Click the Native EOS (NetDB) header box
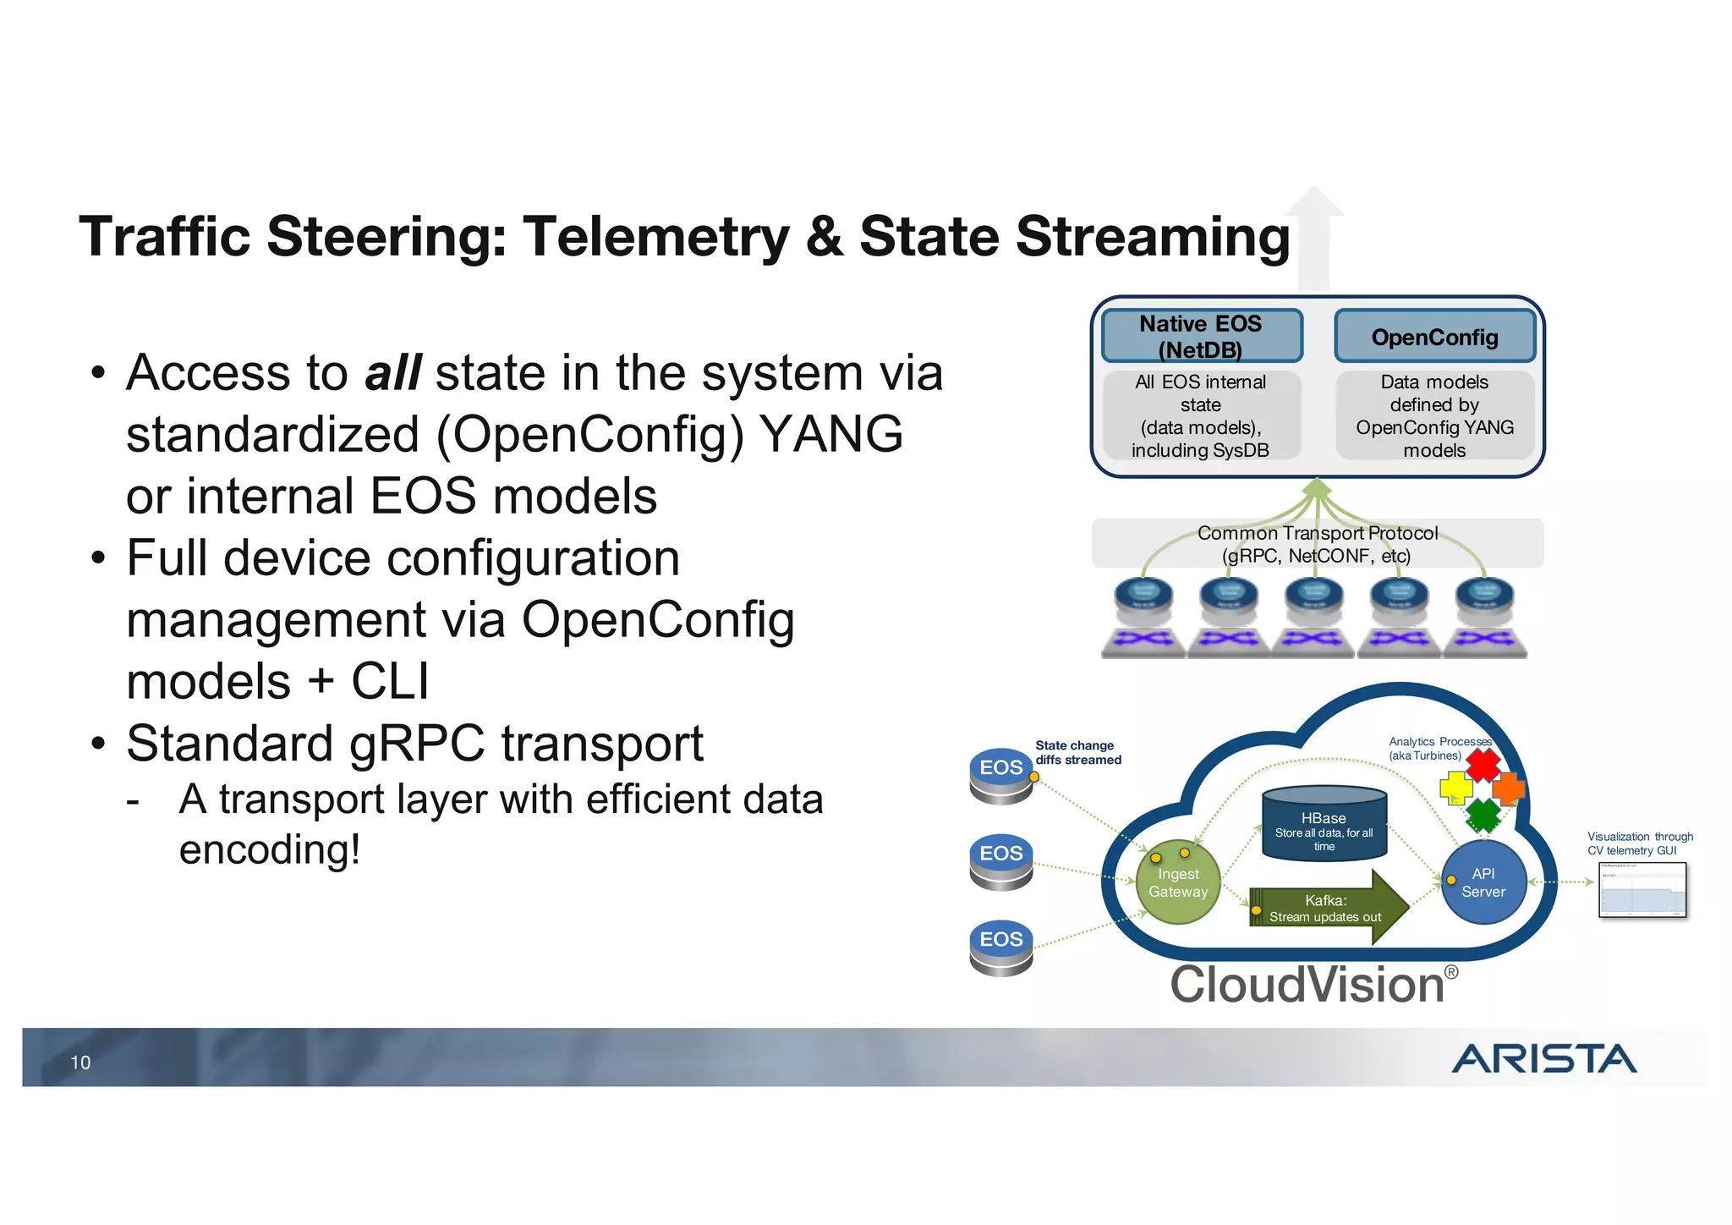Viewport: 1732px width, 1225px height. (1200, 336)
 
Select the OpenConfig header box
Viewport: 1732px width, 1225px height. (1434, 337)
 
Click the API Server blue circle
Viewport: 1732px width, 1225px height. (1483, 882)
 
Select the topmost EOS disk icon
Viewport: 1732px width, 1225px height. (1001, 774)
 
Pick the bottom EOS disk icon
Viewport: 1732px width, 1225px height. (1001, 947)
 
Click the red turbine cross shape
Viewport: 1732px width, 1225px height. (1483, 765)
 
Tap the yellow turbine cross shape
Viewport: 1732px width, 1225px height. (1455, 788)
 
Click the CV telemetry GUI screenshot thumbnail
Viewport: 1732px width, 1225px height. (1642, 889)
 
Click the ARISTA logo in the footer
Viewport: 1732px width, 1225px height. (1544, 1058)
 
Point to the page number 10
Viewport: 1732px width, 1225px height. (80, 1063)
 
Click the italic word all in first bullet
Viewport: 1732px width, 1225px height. (392, 372)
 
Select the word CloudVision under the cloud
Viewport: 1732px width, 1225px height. (1307, 985)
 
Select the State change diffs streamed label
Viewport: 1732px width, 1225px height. (1077, 752)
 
